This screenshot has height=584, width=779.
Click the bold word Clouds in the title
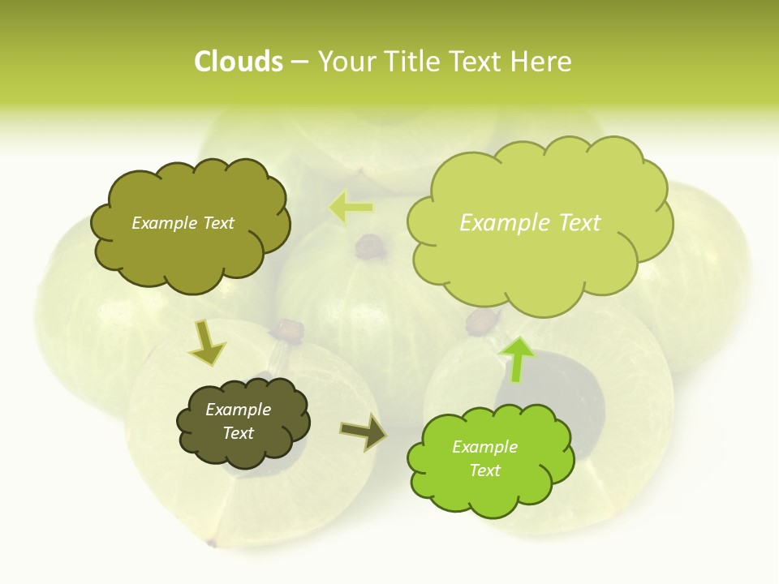point(239,62)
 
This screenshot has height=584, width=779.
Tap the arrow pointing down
point(207,342)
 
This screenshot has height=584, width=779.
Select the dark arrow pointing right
point(363,432)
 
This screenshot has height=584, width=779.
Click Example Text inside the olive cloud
point(183,223)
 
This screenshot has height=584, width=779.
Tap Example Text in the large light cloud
point(530,223)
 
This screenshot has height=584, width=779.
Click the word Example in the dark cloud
point(238,410)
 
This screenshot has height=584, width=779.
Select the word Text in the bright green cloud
point(484,470)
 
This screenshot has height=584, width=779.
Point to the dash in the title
point(299,62)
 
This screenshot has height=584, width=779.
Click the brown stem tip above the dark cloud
point(287,329)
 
